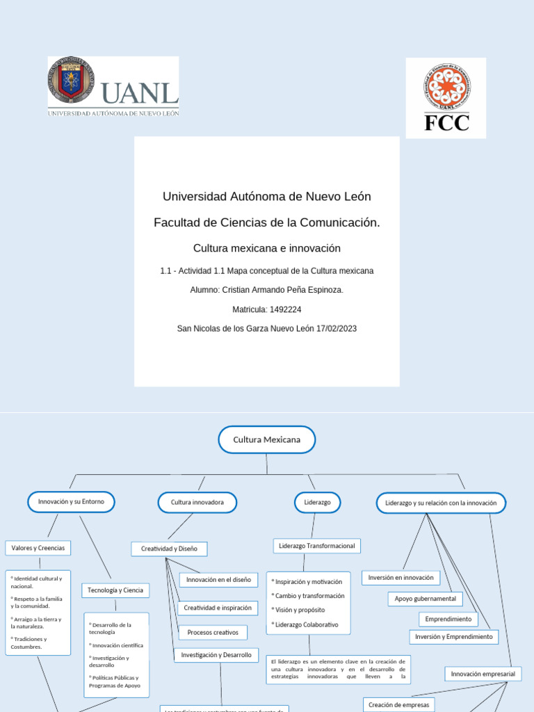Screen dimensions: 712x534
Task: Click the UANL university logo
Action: [x=113, y=87]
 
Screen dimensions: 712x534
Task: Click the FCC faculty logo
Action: [x=446, y=97]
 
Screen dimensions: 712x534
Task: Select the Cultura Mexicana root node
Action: [x=267, y=439]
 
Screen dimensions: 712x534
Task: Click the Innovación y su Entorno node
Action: [x=71, y=502]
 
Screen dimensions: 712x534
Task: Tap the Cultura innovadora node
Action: [x=197, y=502]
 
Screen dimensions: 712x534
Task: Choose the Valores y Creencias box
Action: [x=38, y=548]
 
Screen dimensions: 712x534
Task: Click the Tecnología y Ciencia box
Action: [x=115, y=590]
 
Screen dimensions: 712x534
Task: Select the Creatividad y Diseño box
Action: [x=169, y=549]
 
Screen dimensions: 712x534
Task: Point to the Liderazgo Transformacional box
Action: [x=316, y=546]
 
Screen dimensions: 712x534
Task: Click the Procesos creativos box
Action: [x=213, y=632]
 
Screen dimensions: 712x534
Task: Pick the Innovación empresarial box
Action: [x=483, y=674]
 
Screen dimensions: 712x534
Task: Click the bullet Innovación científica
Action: [x=117, y=645]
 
